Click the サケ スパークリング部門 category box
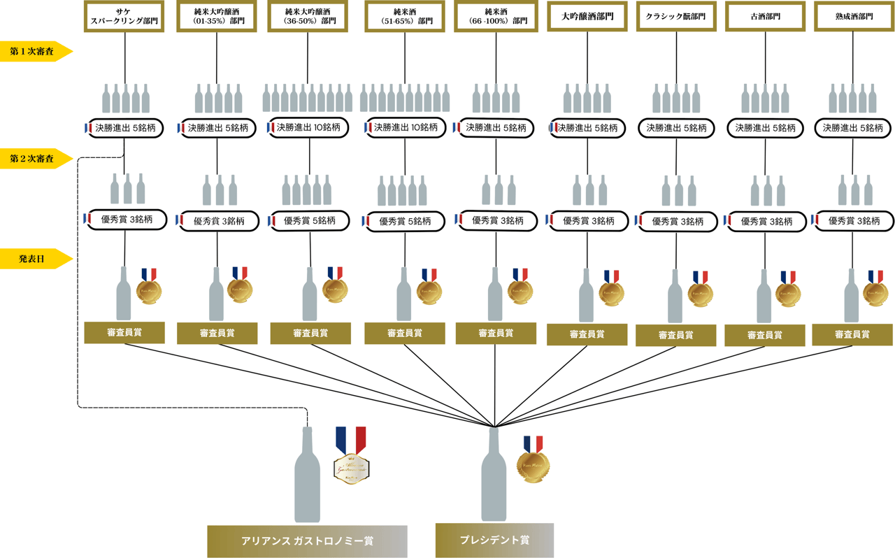(x=124, y=16)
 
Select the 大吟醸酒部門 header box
(x=587, y=16)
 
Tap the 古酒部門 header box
(x=765, y=16)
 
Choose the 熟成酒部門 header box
(x=854, y=16)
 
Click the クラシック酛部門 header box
(x=675, y=16)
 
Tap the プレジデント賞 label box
(x=494, y=541)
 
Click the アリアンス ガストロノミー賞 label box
(x=307, y=541)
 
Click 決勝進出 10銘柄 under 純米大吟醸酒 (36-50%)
(x=308, y=128)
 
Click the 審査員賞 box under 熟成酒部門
(x=852, y=334)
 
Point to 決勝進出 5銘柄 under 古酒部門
(x=765, y=129)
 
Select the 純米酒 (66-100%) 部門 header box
(x=496, y=16)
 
